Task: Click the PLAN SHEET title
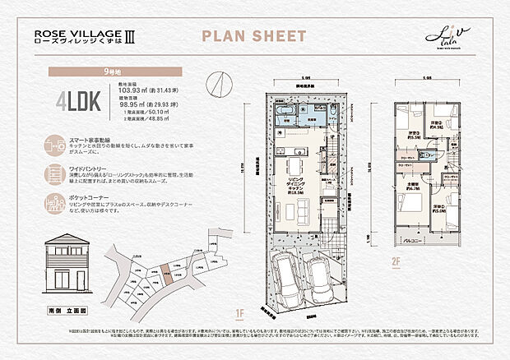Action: [x=254, y=36]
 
